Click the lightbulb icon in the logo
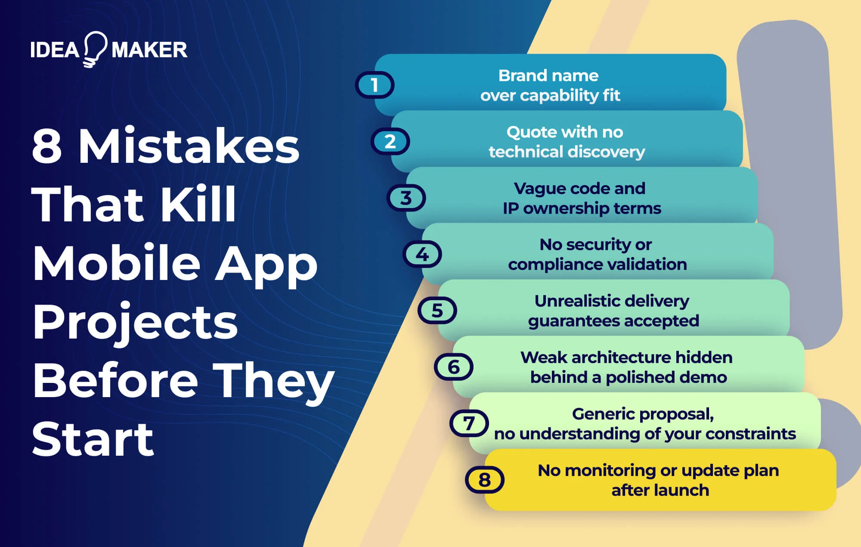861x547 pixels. coord(95,49)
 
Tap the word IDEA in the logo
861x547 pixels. coord(55,50)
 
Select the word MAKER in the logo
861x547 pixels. coord(149,50)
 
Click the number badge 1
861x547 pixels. coord(375,85)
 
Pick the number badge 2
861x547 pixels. coord(390,141)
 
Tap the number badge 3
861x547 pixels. coord(406,198)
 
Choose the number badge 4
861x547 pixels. coord(422,255)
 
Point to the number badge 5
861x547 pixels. coord(437,311)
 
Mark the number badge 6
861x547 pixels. coord(453,367)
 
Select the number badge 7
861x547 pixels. coord(469,423)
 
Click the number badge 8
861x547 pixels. coord(484,480)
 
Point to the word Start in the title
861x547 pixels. coord(93,439)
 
